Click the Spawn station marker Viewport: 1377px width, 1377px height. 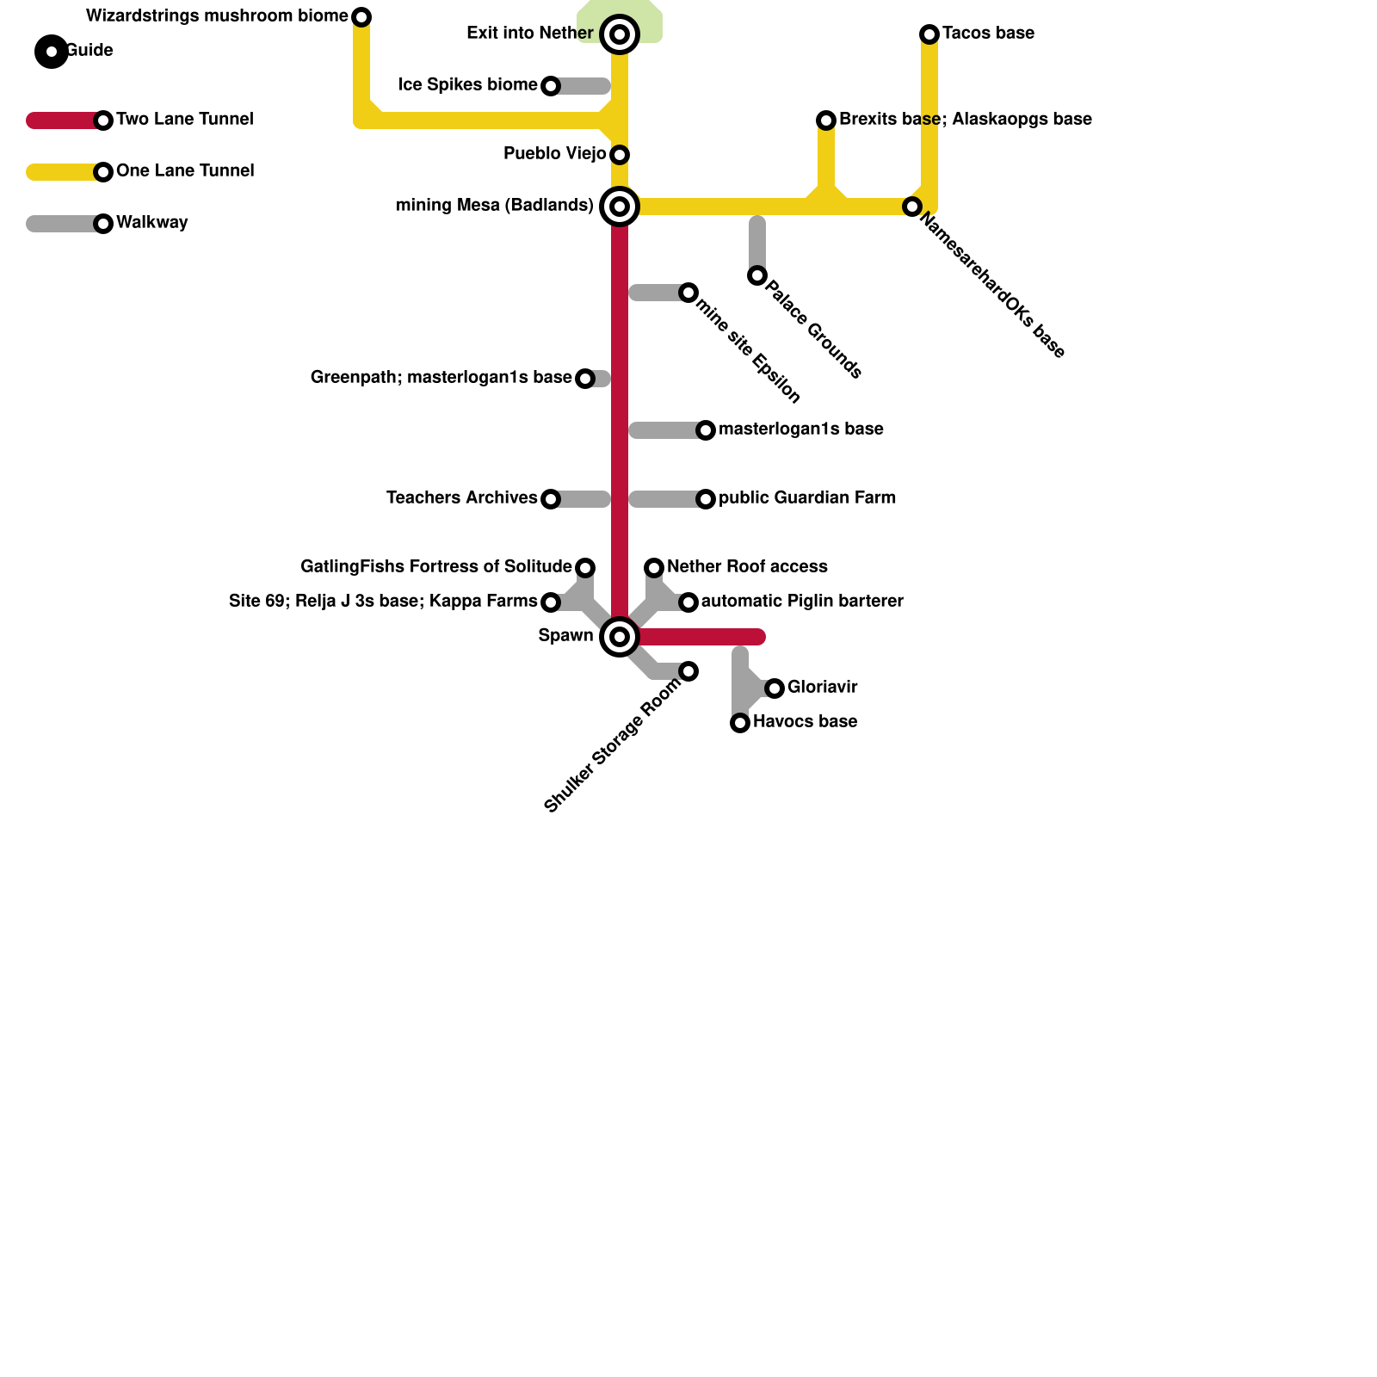pyautogui.click(x=620, y=637)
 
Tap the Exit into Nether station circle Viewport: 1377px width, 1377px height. pyautogui.click(x=620, y=34)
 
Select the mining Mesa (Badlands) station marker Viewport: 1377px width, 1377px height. pyautogui.click(x=620, y=207)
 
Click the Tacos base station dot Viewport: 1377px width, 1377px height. pyautogui.click(x=929, y=34)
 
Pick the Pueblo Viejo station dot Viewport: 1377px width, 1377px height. pyautogui.click(x=620, y=155)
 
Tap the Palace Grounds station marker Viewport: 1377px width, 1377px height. pyautogui.click(x=757, y=275)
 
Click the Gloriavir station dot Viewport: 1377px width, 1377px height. pyautogui.click(x=775, y=688)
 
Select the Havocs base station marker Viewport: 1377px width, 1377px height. pyautogui.click(x=740, y=723)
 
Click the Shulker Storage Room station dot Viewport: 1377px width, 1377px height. pyautogui.click(x=688, y=671)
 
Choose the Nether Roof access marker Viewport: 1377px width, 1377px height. pyautogui.click(x=654, y=568)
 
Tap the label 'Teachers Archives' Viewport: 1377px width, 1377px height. pyautogui.click(x=461, y=498)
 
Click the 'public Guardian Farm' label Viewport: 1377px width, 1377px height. pyautogui.click(x=806, y=498)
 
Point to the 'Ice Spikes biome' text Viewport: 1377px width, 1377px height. pyautogui.click(x=467, y=85)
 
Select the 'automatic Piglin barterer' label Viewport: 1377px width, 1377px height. pyautogui.click(x=801, y=602)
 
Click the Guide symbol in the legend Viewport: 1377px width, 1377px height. pyautogui.click(x=52, y=52)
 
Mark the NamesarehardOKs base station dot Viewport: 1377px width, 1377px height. pyautogui.click(x=912, y=207)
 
